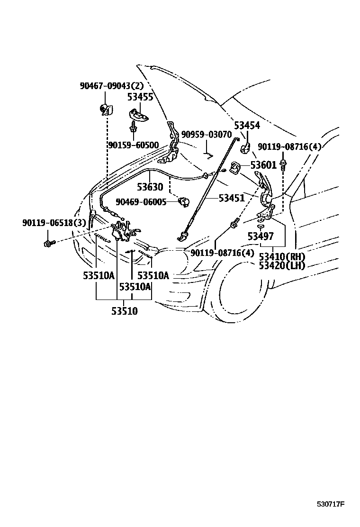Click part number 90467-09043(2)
tap(111, 86)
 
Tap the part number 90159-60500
tap(133, 145)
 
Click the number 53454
tap(247, 126)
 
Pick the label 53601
tap(263, 165)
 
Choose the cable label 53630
tap(150, 187)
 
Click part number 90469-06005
tap(142, 202)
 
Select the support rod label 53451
tap(232, 198)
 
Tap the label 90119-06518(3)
tap(54, 222)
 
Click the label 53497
tap(260, 236)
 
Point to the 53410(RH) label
tap(282, 257)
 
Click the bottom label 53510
tap(125, 311)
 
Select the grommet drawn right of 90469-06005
tap(183, 202)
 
